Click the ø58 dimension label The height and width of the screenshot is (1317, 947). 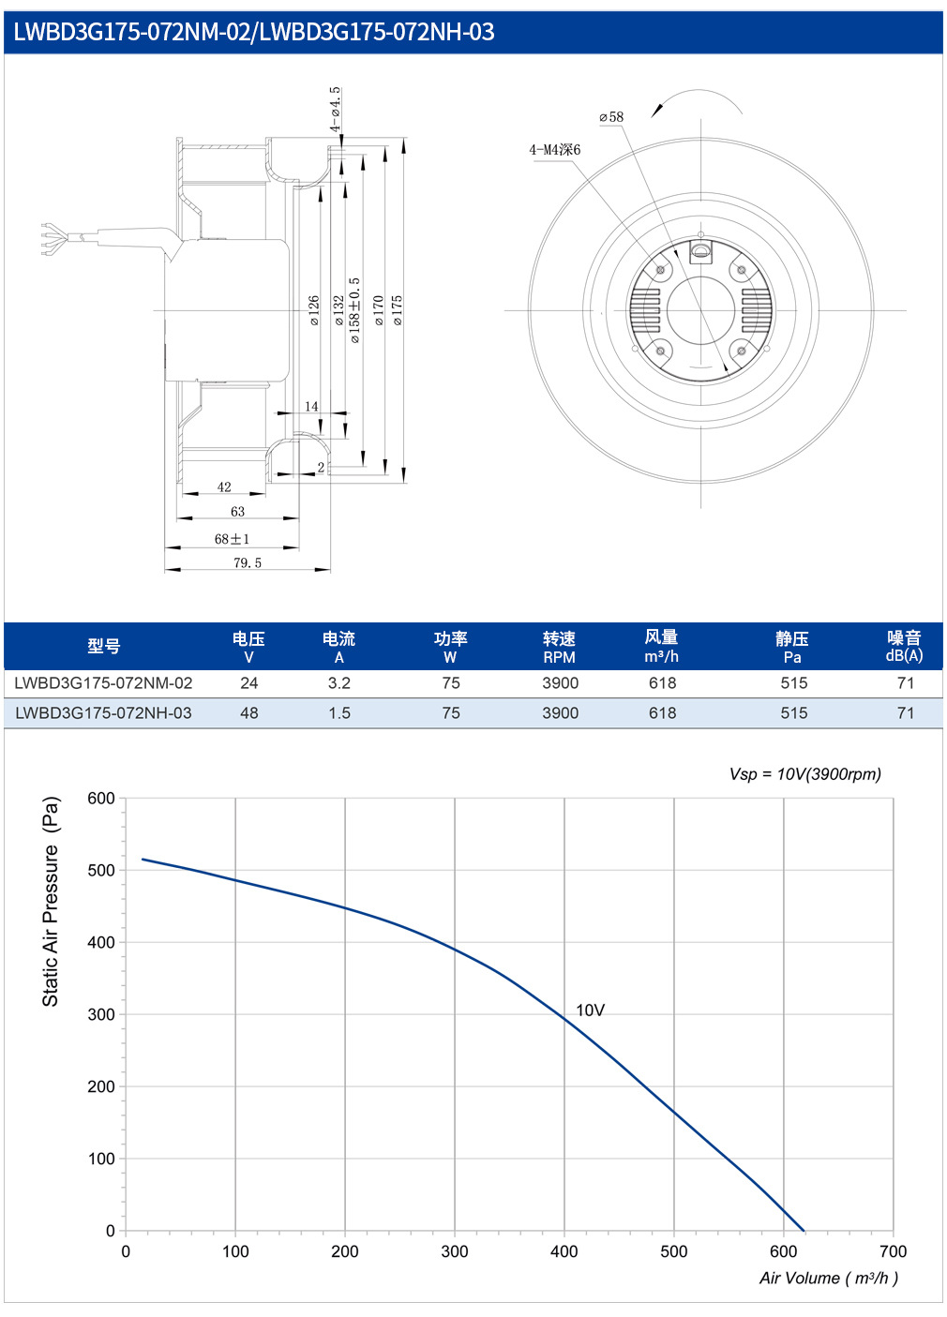pyautogui.click(x=611, y=117)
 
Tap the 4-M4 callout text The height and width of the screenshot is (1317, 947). pyautogui.click(x=555, y=150)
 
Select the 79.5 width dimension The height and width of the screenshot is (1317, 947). pyautogui.click(x=247, y=562)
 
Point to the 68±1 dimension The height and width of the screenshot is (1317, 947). pyautogui.click(x=232, y=539)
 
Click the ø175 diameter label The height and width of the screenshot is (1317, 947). pyautogui.click(x=397, y=310)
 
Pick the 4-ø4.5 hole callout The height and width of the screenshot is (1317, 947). pyautogui.click(x=335, y=110)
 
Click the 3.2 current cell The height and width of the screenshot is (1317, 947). pyautogui.click(x=338, y=682)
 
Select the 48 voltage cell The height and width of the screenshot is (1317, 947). pyautogui.click(x=248, y=712)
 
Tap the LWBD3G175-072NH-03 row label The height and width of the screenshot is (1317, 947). pyautogui.click(x=103, y=712)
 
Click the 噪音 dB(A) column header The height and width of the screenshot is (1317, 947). pyautogui.click(x=904, y=646)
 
